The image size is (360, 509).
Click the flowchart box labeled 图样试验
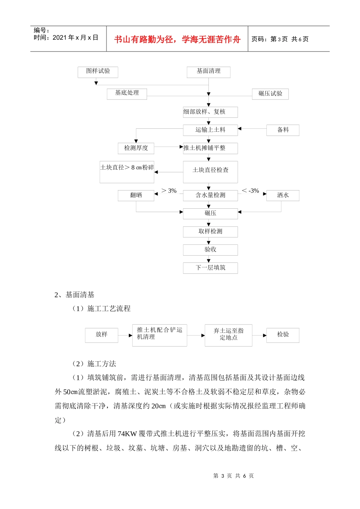point(98,72)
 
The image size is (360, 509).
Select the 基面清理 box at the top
point(208,72)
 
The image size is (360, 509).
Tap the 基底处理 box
point(127,94)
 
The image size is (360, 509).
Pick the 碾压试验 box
point(270,94)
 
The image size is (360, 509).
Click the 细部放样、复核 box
point(210,112)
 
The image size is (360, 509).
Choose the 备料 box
point(283,130)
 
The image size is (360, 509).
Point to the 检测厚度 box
point(136,148)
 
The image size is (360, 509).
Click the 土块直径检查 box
point(210,172)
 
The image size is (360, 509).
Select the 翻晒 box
point(136,195)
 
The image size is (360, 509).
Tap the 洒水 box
point(283,195)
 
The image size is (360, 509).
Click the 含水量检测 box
point(210,195)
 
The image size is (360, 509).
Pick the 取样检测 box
point(210,232)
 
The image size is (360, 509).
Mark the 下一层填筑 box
point(210,268)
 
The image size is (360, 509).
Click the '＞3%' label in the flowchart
point(169,190)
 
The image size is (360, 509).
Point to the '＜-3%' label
point(250,190)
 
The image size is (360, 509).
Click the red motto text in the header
point(177,39)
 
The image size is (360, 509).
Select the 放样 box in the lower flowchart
point(102,335)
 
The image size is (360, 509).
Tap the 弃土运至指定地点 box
point(229,335)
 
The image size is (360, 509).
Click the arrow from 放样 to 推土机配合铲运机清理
point(125,335)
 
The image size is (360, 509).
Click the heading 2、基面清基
point(74,295)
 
